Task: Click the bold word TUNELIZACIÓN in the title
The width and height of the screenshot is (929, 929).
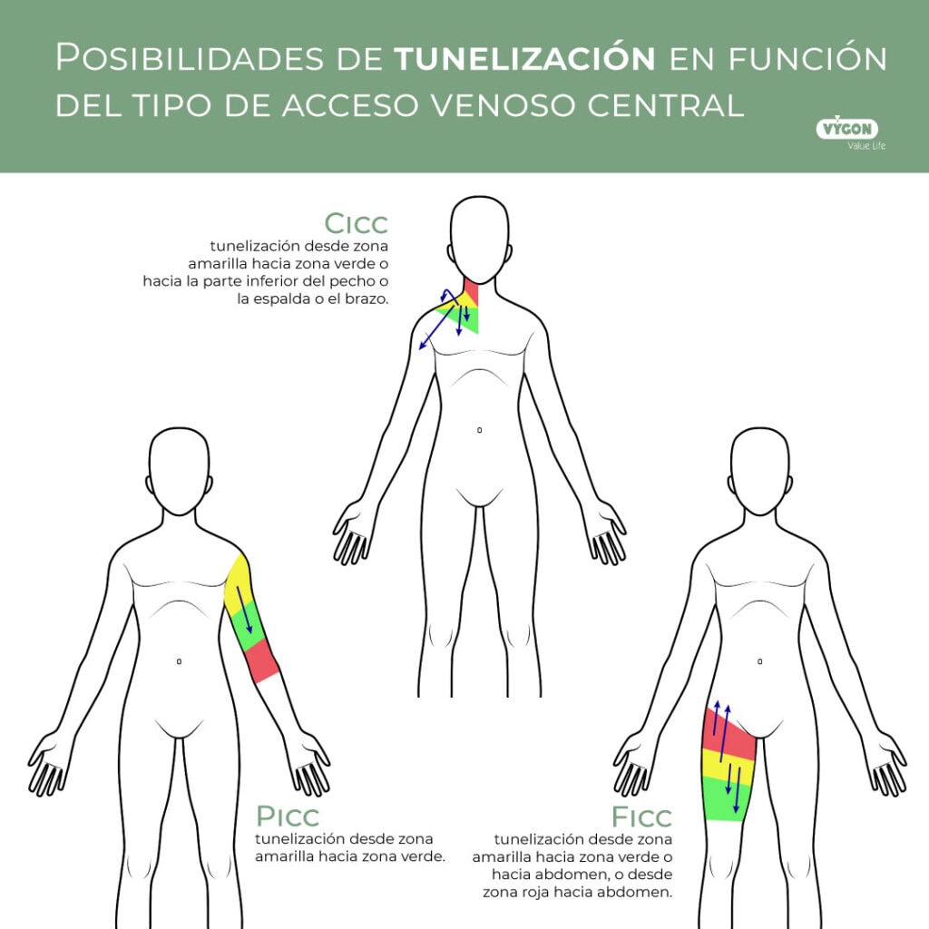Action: pos(524,58)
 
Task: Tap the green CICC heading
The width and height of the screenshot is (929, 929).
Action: pos(356,223)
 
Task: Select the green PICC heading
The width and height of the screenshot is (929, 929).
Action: pos(288,816)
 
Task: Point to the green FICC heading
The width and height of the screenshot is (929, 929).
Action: pos(641,817)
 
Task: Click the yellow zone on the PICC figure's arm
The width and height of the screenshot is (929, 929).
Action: pos(239,583)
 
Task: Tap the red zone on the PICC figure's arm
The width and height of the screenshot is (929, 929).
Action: pos(261,660)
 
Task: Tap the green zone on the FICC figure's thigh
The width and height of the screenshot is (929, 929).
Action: pos(727,798)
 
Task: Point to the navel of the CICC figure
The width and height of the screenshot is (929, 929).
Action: pos(479,430)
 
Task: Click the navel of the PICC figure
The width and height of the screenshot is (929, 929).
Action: pos(179,661)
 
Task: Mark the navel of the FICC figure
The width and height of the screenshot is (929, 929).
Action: pos(760,661)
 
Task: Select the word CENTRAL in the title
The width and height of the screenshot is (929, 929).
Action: pos(665,105)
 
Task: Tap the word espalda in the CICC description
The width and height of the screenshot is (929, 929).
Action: pos(282,299)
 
